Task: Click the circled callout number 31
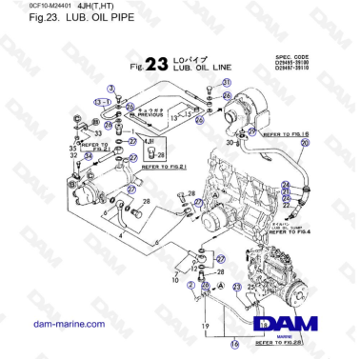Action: (227, 84)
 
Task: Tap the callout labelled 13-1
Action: (98, 100)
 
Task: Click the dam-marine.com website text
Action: (53, 325)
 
